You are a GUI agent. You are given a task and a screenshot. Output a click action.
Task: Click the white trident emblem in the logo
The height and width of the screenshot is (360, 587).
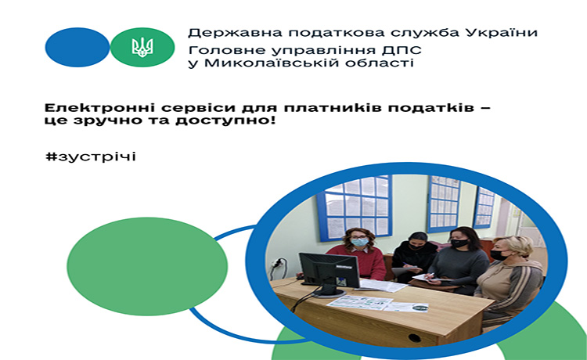point(142,47)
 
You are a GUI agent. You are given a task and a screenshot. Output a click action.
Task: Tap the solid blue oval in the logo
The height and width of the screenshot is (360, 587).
point(77,47)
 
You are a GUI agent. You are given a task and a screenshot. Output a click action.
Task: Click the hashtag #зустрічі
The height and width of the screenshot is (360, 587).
point(91,157)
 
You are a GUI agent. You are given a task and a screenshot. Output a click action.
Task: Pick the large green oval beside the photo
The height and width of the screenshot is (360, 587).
point(147,266)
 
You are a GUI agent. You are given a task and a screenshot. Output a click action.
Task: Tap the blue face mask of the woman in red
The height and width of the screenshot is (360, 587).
point(359,242)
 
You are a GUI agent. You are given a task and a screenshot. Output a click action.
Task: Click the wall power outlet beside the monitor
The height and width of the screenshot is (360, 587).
point(278,264)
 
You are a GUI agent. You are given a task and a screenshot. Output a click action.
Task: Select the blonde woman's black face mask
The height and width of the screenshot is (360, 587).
point(499,255)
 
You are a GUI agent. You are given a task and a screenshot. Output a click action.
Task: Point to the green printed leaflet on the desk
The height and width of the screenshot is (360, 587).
point(359,302)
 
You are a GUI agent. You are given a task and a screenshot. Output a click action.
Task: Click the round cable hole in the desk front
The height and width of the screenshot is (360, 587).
point(414,337)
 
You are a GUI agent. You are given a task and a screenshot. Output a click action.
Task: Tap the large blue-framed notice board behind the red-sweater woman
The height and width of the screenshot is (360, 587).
point(355,208)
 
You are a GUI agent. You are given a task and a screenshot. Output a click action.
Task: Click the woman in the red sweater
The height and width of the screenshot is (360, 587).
point(358,254)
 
